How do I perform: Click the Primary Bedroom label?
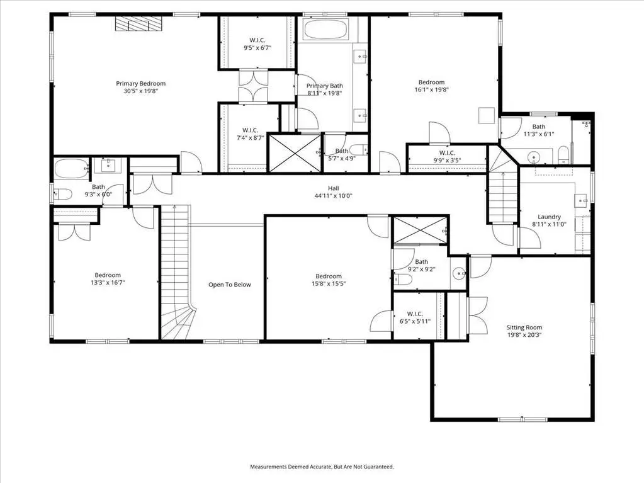coord(140,83)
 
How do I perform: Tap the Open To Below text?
coord(230,285)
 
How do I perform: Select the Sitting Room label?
coord(524,327)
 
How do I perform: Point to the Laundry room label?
coord(549,217)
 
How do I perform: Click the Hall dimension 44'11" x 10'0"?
coord(334,196)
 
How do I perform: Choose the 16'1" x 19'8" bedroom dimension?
coord(431,89)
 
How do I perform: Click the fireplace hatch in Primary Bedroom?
coord(138,23)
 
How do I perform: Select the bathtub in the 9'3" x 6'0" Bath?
coord(72,168)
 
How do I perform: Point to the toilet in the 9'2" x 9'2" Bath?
coord(403,280)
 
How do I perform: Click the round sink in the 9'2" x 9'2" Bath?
coord(459,272)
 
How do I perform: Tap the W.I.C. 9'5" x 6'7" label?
coord(257,44)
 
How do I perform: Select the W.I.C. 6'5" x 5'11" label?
coord(415,317)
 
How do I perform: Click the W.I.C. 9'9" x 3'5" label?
coord(447,156)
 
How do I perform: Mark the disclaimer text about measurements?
coord(322,467)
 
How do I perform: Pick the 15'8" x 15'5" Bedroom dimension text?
coord(329,283)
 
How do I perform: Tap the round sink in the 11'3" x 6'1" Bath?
coord(534,157)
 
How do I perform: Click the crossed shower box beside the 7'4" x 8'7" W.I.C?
coord(294,152)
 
